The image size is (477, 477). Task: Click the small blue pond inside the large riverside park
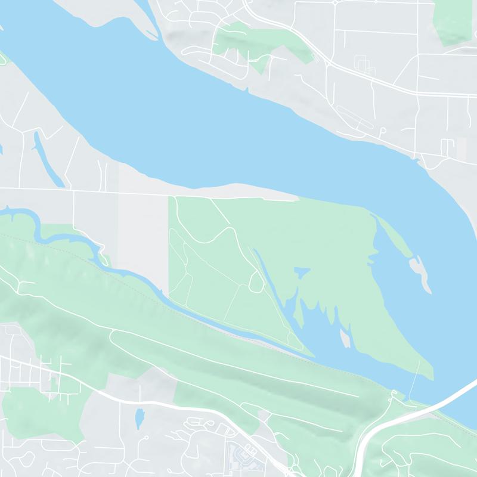click(x=303, y=272)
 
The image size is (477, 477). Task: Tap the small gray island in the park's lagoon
click(x=344, y=339)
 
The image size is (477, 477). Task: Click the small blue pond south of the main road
click(x=139, y=418)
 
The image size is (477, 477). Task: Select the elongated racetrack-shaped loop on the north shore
click(x=355, y=117)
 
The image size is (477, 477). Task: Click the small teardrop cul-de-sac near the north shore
click(x=382, y=130)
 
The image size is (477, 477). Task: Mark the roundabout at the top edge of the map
click(x=336, y=2)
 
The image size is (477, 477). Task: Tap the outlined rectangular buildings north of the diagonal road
click(x=361, y=62)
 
